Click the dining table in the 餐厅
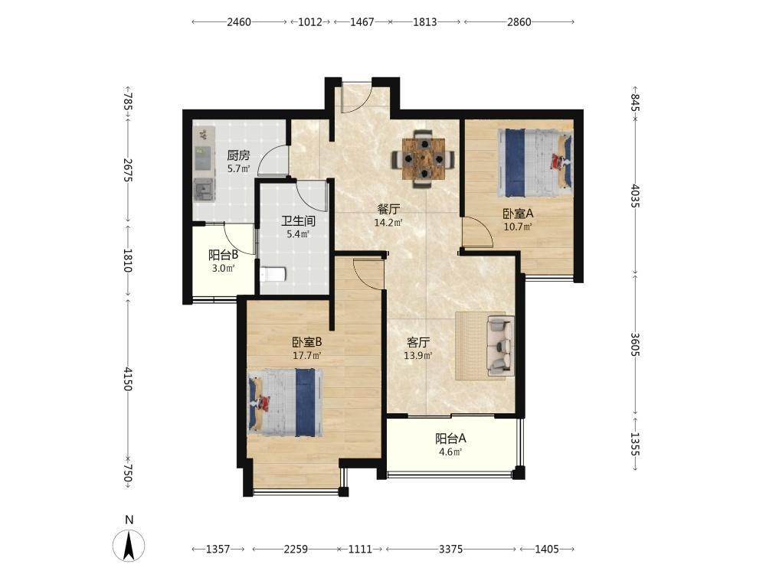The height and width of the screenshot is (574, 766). (424, 158)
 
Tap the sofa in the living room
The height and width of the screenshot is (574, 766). (501, 346)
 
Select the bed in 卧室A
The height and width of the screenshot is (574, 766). (535, 163)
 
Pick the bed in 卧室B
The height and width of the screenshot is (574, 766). (285, 403)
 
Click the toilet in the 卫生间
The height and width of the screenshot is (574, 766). (273, 274)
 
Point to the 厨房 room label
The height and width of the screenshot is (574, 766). (238, 155)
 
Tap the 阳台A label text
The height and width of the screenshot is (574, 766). (450, 439)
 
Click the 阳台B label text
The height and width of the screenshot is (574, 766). (223, 255)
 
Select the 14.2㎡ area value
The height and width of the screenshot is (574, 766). (388, 223)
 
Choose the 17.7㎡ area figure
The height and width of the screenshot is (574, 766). (306, 355)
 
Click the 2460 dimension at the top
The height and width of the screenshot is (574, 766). (239, 22)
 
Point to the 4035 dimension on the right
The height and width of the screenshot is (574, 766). (634, 195)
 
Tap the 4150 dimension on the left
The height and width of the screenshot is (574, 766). (127, 379)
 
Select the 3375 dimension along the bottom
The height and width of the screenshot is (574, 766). (450, 549)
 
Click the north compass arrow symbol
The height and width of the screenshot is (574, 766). (129, 545)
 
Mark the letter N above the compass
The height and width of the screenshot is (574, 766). (129, 520)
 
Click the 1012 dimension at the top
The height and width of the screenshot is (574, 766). (310, 22)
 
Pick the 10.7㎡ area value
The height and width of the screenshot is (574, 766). (518, 227)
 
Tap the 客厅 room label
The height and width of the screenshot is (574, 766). (418, 342)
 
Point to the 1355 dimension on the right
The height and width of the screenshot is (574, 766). (634, 444)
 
